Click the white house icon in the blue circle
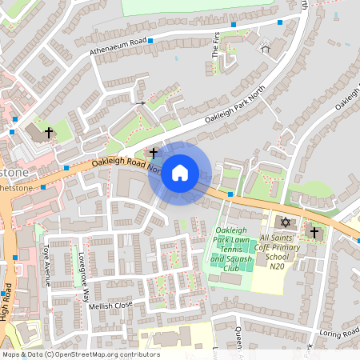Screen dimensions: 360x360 point(180,173)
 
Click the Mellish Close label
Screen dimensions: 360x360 point(110,305)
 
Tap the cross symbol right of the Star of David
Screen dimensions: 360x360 point(314,233)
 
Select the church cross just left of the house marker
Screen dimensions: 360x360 point(153,151)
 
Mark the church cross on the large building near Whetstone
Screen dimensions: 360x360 point(49,132)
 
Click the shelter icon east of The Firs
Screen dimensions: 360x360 point(266,49)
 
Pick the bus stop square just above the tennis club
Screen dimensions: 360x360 point(230,194)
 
